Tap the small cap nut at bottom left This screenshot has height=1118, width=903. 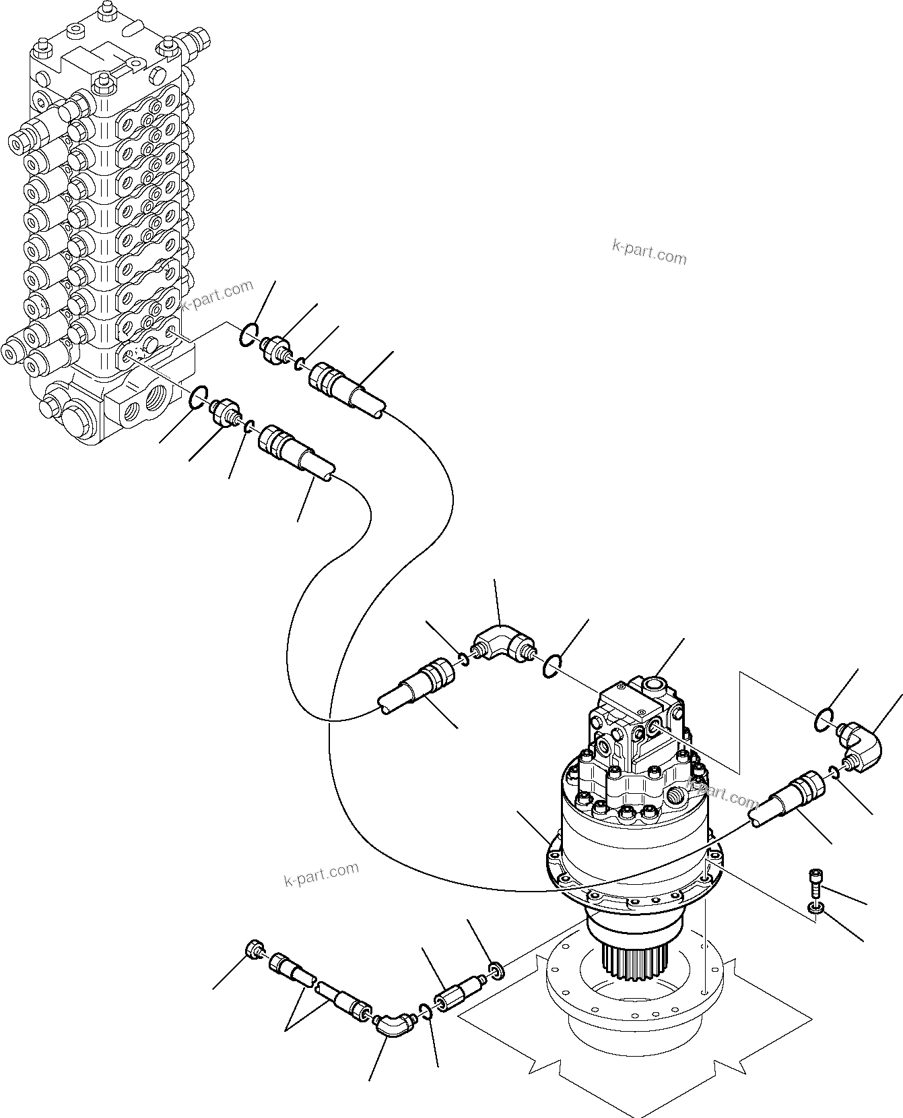point(255,949)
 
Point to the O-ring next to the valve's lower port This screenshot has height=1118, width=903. point(198,397)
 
